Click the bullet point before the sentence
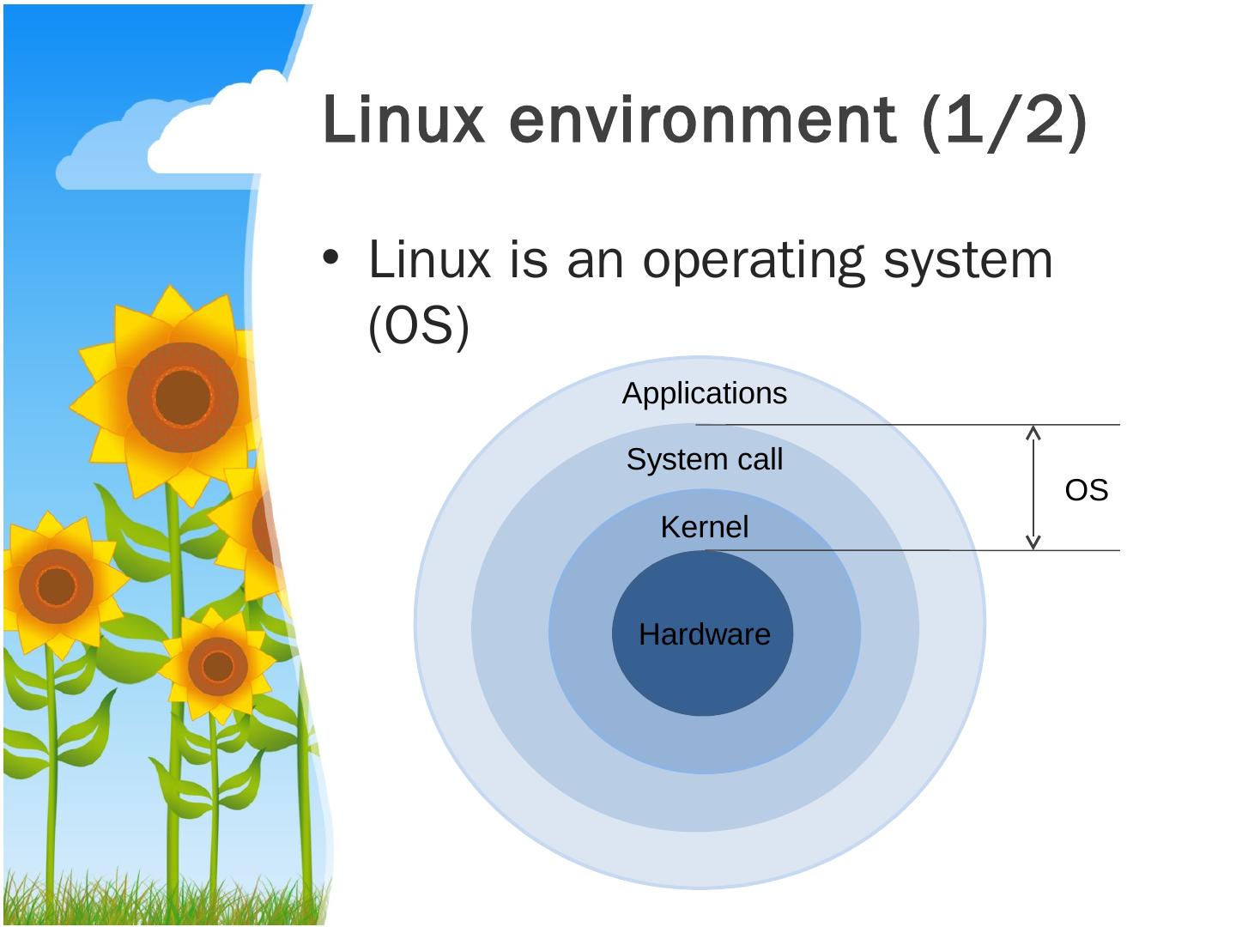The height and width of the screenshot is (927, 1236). coord(331,258)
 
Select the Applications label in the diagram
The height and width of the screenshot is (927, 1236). coord(704,393)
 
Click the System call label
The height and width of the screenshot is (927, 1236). coord(704,459)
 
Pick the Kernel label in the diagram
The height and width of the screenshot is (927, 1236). coord(704,526)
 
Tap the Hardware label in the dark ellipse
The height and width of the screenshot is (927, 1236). coord(704,634)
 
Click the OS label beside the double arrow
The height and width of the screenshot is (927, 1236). coord(1086,490)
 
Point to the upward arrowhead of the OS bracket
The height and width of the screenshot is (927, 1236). coord(1033,432)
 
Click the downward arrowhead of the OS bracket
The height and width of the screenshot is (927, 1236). coord(1033,542)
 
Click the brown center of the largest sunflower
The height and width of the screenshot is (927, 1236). coord(182,397)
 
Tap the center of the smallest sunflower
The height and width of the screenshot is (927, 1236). coord(217,665)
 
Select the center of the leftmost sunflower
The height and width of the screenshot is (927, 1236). coord(56,585)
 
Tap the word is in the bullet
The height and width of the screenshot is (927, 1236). coord(528,260)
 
